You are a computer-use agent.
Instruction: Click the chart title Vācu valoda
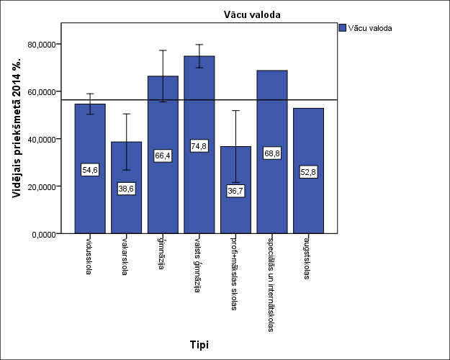click(x=251, y=14)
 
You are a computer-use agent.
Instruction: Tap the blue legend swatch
click(x=342, y=28)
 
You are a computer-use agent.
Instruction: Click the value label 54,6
click(x=90, y=170)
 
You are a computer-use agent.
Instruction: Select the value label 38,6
click(x=126, y=189)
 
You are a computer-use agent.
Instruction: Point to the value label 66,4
click(x=163, y=156)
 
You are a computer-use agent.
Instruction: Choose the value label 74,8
click(x=199, y=145)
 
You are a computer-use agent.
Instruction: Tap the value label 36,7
click(x=235, y=191)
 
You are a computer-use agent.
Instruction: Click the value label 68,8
click(x=271, y=153)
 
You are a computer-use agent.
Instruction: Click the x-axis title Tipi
click(x=199, y=344)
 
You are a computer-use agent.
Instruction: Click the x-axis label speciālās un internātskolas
click(x=271, y=284)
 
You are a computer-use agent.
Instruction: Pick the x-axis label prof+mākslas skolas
click(x=234, y=274)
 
